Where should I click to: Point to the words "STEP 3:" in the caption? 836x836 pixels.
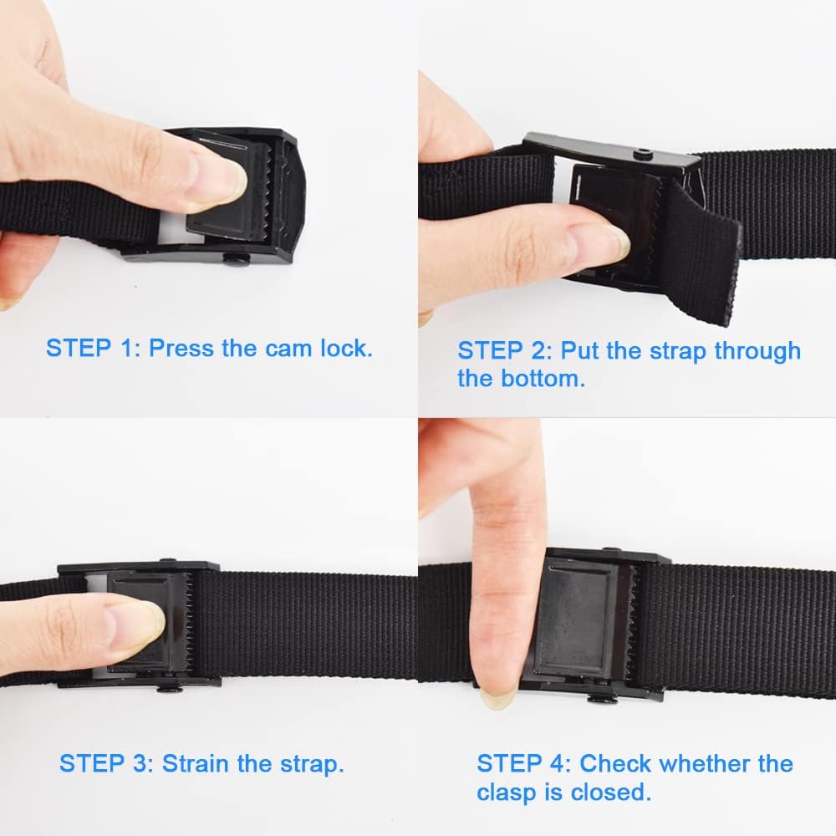tap(106, 762)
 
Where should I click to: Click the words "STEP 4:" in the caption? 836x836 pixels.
tap(524, 763)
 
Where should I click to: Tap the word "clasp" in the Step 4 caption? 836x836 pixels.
tap(511, 792)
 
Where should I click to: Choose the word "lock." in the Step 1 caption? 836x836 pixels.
tap(346, 348)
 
